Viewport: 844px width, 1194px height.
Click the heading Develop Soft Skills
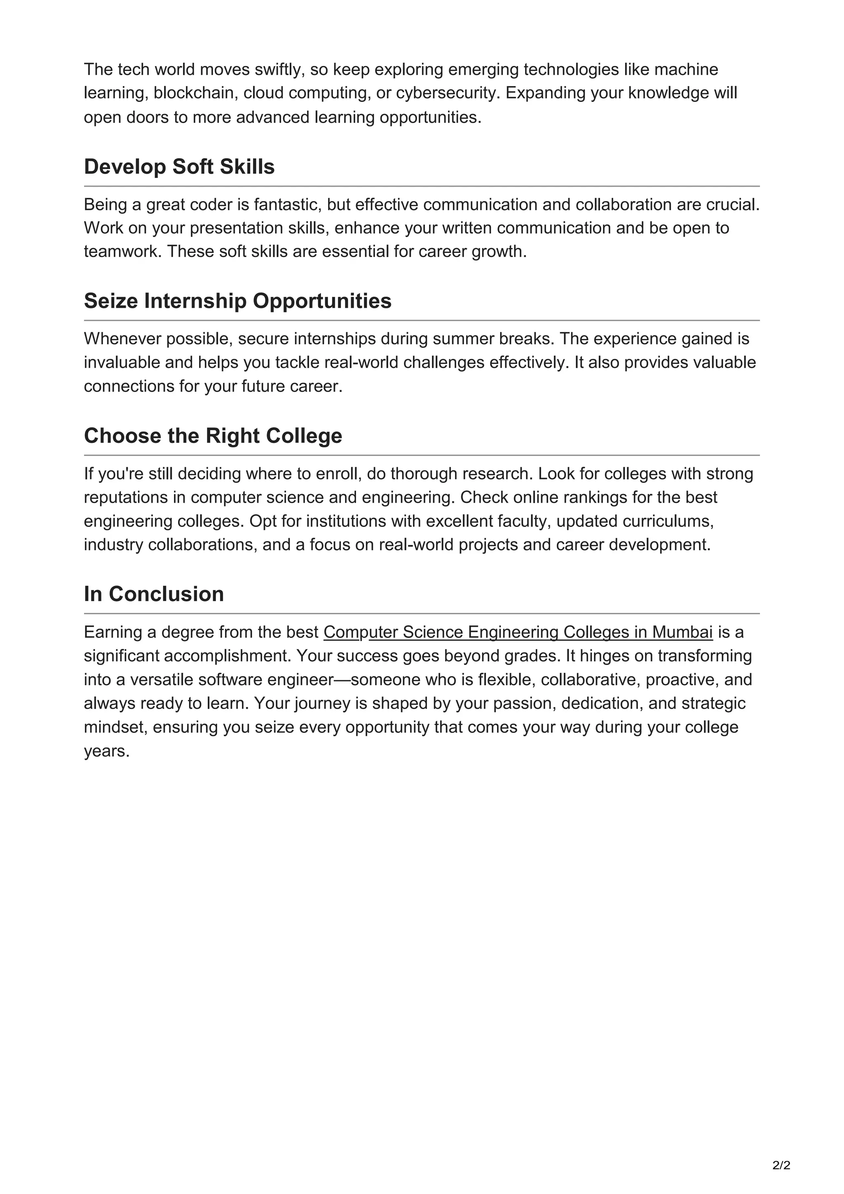coord(179,167)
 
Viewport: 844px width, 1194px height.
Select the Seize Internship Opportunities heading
coord(238,301)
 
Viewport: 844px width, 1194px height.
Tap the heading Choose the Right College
coord(213,436)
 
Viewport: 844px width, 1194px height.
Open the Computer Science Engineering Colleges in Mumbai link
coord(518,632)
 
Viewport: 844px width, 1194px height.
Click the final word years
coord(107,752)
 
